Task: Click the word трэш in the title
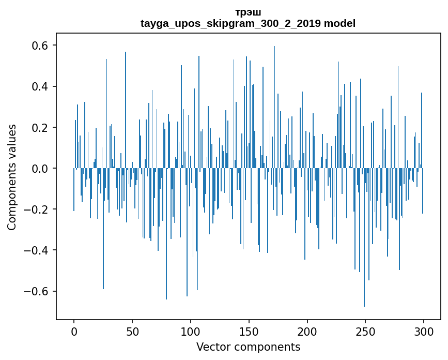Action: click(x=248, y=12)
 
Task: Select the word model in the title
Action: click(x=339, y=24)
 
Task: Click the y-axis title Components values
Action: click(x=12, y=177)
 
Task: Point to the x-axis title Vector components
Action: click(x=248, y=347)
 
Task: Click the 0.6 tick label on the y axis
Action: click(x=37, y=46)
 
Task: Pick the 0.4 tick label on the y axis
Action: click(x=37, y=86)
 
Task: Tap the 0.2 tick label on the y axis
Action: click(x=37, y=127)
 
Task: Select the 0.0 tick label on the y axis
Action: click(x=37, y=169)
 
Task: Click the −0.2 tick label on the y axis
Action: click(x=34, y=209)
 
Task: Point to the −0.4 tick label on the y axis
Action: click(x=34, y=250)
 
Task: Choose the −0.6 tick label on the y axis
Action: click(x=34, y=291)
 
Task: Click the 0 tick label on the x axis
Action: click(x=74, y=331)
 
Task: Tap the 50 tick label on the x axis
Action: click(x=132, y=331)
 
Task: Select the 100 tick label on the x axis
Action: click(x=191, y=331)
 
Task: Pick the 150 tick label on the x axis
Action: click(x=249, y=331)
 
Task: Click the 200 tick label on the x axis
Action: click(x=307, y=331)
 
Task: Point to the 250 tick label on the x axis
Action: click(x=366, y=331)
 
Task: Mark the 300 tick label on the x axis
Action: click(x=424, y=331)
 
